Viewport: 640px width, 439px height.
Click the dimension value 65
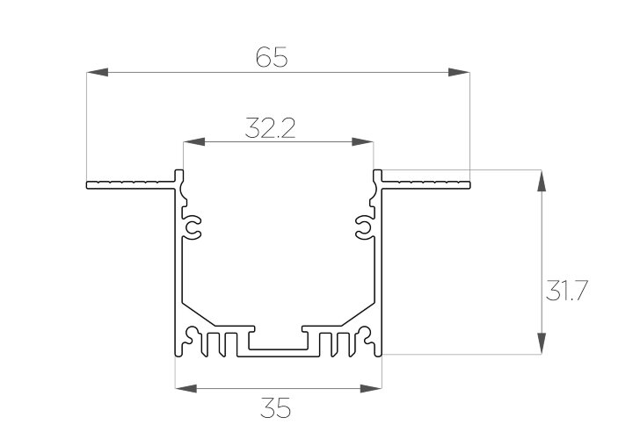coord(272,57)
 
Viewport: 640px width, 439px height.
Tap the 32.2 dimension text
coord(270,128)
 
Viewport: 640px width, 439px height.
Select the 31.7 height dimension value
coord(566,291)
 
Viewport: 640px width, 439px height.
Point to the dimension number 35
coord(275,408)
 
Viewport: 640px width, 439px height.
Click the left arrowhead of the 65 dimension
coord(97,72)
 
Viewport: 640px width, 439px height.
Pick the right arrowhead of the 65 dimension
coord(459,72)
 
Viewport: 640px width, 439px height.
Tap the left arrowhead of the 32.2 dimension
coord(194,142)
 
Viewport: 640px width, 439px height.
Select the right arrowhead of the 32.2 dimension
coord(362,142)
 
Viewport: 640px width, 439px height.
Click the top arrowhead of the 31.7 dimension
coord(542,181)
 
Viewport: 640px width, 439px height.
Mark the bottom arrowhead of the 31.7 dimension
coord(542,343)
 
